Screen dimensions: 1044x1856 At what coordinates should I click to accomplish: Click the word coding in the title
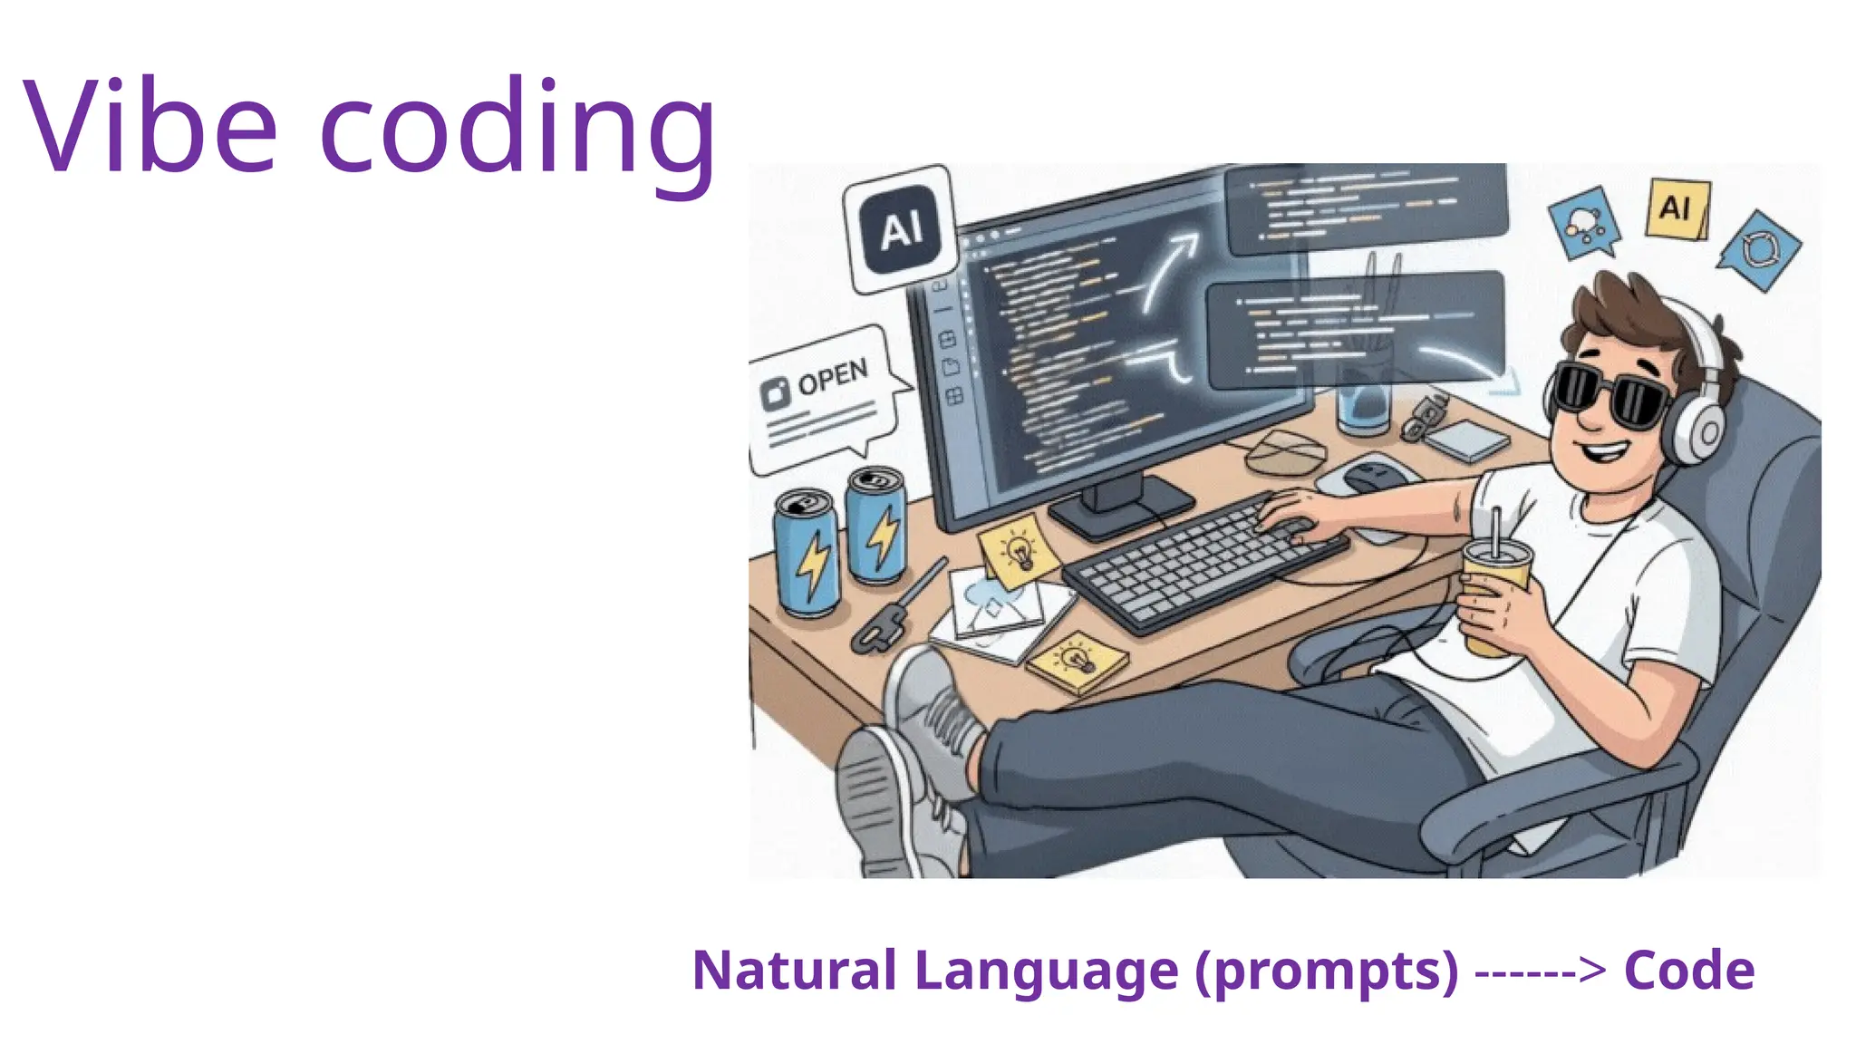point(517,131)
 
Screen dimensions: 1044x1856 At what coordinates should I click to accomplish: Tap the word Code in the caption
point(1689,971)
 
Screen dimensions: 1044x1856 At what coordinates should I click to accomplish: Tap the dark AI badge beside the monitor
point(900,229)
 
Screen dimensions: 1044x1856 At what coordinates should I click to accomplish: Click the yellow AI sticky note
point(1677,209)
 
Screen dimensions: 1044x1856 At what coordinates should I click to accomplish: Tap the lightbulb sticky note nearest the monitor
point(1019,549)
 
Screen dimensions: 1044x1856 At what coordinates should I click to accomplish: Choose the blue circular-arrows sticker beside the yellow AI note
point(1759,250)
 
